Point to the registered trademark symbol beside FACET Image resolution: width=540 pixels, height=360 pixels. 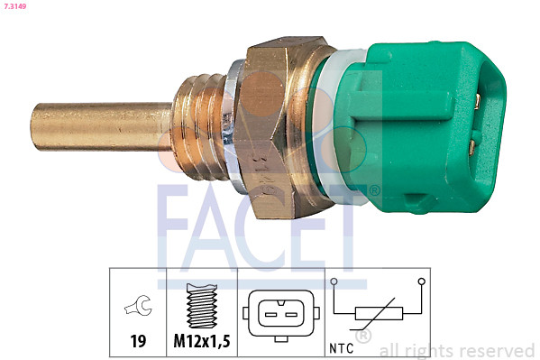click(x=374, y=190)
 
